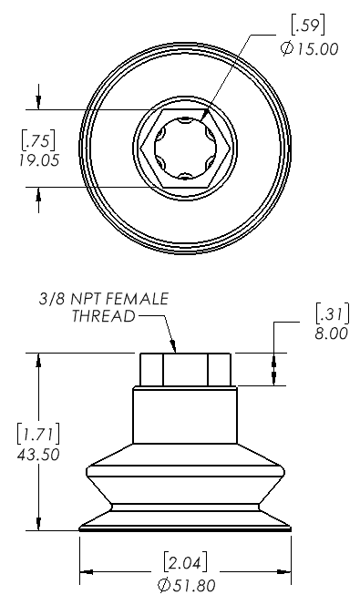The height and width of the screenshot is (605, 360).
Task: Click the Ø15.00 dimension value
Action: pos(310,49)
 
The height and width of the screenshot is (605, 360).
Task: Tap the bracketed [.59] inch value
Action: pos(307,26)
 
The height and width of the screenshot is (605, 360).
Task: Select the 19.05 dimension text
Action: pos(39,159)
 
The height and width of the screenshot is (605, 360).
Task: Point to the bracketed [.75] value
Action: pos(38,141)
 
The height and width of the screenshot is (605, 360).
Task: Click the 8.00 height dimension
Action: pos(332,333)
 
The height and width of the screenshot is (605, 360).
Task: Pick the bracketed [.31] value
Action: pos(333,313)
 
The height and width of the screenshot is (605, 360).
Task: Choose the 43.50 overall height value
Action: pos(38,454)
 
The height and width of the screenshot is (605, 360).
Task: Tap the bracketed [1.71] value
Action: pos(38,434)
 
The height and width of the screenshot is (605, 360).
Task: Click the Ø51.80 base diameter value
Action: pos(187,585)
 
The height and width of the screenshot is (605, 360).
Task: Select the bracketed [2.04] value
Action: pos(185,563)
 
